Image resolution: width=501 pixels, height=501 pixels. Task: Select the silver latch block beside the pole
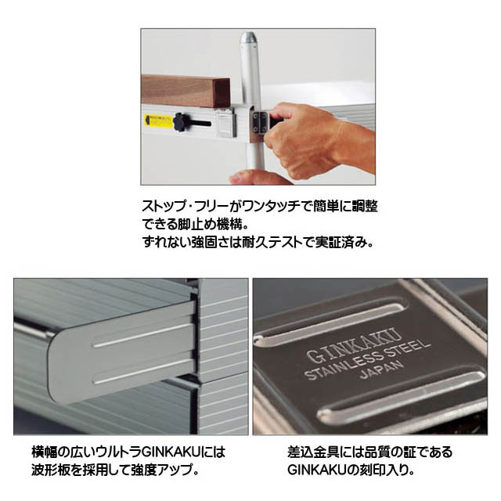(226, 123)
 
